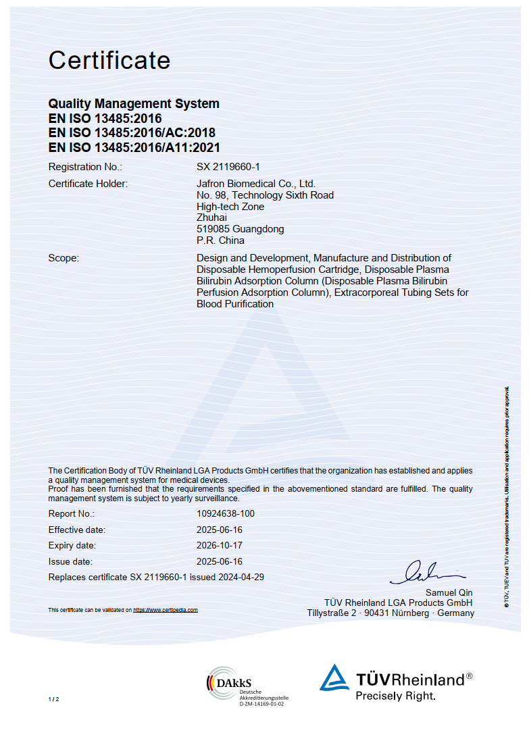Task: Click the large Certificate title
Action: (x=109, y=61)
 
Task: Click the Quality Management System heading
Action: (x=134, y=104)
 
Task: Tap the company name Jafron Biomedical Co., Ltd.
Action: (x=256, y=184)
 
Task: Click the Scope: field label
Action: (x=64, y=258)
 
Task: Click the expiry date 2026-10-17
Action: (x=220, y=546)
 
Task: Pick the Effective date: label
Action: (x=77, y=530)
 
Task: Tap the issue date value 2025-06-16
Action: (x=220, y=562)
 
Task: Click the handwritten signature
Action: (x=427, y=572)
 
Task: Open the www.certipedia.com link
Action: (x=166, y=610)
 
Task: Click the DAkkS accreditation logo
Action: (x=230, y=682)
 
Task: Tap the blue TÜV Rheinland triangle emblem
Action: (x=334, y=678)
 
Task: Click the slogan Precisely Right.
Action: (x=396, y=696)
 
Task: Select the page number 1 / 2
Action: (x=54, y=698)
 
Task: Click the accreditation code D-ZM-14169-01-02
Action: (x=262, y=704)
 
